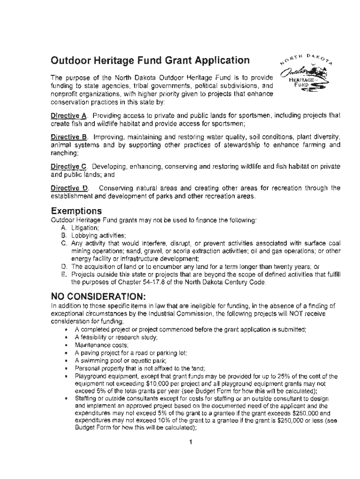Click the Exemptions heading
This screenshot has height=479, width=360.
click(76, 211)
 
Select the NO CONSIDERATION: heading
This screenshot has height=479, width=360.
click(98, 296)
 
